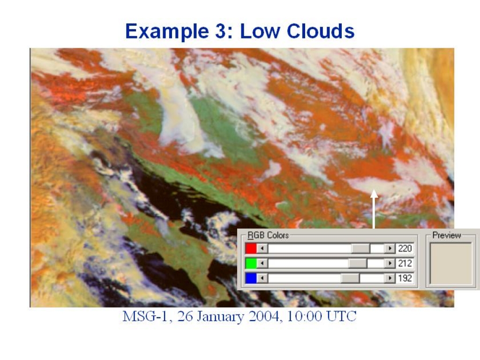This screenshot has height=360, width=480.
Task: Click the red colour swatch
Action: tap(251, 248)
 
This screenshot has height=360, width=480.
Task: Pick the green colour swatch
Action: tap(251, 263)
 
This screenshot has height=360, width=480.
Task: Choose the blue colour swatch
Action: tap(251, 278)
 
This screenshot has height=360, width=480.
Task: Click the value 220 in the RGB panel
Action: tap(405, 248)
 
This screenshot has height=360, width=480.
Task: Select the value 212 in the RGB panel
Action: tap(405, 263)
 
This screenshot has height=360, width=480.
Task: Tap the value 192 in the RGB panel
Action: tap(405, 278)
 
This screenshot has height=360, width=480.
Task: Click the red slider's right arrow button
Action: tap(390, 248)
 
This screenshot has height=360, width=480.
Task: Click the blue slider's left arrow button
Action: tap(262, 278)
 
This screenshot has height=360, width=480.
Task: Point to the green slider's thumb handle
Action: tap(358, 263)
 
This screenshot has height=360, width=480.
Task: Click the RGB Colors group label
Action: tap(268, 235)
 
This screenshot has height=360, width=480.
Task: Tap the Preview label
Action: tap(447, 235)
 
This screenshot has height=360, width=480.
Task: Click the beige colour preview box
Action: tap(451, 263)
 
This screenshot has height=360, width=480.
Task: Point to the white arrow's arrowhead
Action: tap(374, 194)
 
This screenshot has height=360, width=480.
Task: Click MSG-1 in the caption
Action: tap(145, 316)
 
